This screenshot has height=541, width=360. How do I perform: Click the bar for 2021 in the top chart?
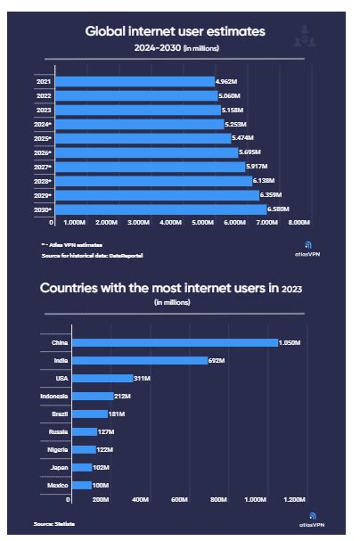(x=134, y=81)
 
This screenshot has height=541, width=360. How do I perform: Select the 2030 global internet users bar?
(x=160, y=209)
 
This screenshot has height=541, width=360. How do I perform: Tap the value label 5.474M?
(x=243, y=138)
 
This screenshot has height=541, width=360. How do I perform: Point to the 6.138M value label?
(x=264, y=181)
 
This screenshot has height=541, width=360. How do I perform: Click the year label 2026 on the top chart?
(x=43, y=152)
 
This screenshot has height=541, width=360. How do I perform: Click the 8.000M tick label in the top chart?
(x=299, y=222)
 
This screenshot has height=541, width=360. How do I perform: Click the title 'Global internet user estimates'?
(x=176, y=31)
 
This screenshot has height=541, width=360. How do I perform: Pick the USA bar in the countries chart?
(x=102, y=378)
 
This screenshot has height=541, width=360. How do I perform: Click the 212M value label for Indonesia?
(x=126, y=396)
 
